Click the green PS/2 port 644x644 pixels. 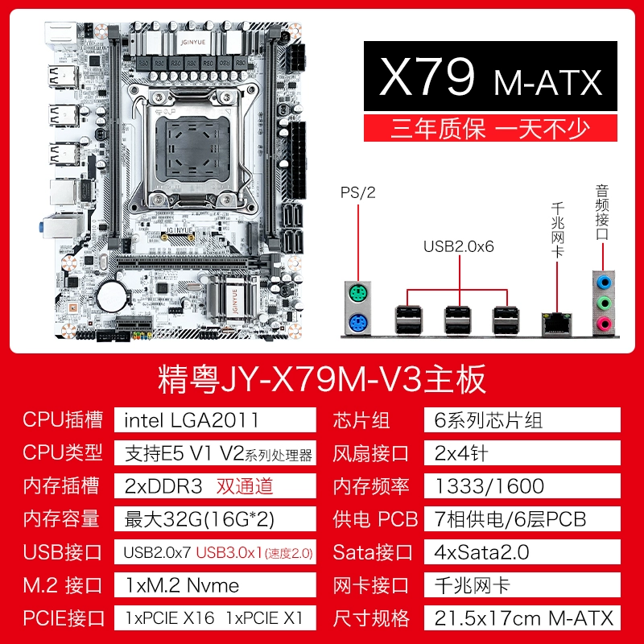coord(357,294)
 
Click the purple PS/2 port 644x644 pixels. coord(357,323)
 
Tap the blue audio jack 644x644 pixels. coord(603,283)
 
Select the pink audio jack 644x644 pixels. coord(603,324)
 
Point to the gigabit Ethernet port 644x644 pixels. coord(556,324)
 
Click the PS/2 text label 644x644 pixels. coord(357,192)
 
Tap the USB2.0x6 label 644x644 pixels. coord(458,246)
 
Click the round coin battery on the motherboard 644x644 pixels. coord(112,295)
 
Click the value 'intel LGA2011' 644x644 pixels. coord(192,420)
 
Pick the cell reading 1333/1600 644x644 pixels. coord(489,486)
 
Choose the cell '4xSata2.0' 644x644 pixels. coord(481,552)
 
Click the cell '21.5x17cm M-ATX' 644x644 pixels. coord(524,618)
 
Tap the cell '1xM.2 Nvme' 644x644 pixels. coord(182,585)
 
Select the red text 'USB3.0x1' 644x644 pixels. coord(229,552)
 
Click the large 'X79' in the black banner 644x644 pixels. coord(427,76)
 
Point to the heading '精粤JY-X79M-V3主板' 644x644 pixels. coord(322,379)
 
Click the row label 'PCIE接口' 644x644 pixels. coord(64,618)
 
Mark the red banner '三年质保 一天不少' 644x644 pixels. coord(490,129)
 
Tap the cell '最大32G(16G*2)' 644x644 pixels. coord(199,519)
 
